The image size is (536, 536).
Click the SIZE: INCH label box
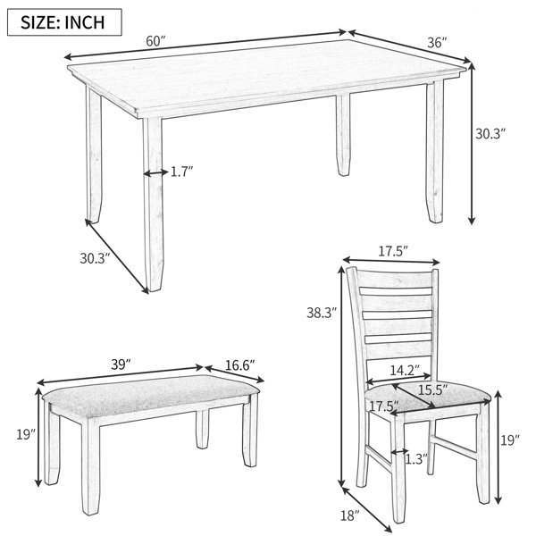point(64,22)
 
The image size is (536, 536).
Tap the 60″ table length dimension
point(155,41)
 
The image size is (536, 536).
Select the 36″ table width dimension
point(437,43)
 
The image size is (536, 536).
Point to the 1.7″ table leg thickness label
point(182,172)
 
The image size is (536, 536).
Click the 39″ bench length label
point(121,364)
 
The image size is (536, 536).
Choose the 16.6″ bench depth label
point(240,365)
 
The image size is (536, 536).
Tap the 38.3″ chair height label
point(322,313)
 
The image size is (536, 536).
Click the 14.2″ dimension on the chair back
point(405,370)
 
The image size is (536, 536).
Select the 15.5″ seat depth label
point(433,390)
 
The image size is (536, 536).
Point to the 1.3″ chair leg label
point(416,459)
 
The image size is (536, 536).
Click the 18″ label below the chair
point(350,515)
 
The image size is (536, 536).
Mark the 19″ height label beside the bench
point(26,434)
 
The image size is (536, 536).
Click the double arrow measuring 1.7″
point(155,173)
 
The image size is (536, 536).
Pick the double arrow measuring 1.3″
point(399,452)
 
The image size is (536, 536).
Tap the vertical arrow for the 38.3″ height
point(341,376)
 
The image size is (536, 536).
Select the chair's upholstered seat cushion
point(427,398)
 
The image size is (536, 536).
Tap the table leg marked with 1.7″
point(153,205)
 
